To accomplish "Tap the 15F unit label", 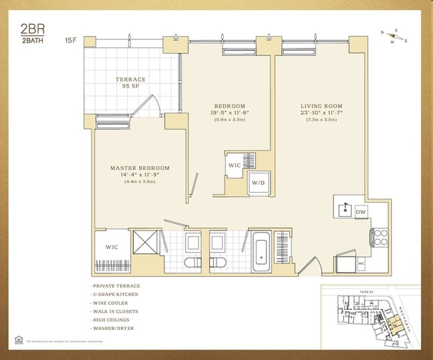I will coord(71,40).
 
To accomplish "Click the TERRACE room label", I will coord(131,80).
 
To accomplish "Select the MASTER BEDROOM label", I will coord(140,168).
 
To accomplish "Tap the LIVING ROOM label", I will coord(321,106).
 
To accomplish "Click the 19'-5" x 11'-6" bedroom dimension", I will coord(230,113).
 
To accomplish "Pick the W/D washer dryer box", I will coord(257,181).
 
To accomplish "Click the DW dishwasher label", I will coord(360,212).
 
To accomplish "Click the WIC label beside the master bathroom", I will coord(112,247).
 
